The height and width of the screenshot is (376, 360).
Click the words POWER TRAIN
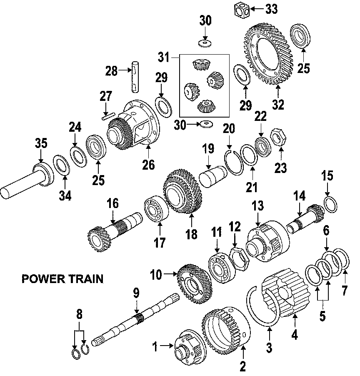coord(62,278)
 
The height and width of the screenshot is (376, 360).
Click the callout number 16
coord(112,203)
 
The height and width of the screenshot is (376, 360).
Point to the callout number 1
coord(155,346)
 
